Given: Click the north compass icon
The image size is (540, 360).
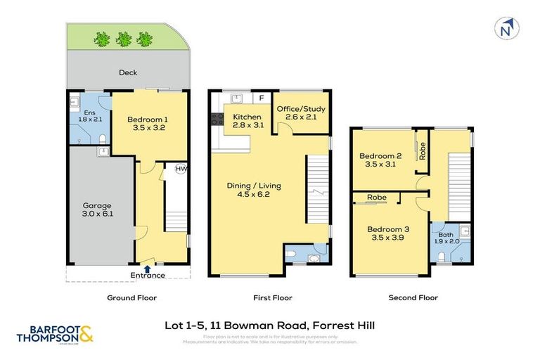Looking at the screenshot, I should point(505,30).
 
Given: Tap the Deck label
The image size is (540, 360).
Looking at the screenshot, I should point(127,72).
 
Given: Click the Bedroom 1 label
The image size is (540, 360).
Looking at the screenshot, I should point(147,124).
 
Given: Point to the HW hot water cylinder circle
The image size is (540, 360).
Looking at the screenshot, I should point(181,169).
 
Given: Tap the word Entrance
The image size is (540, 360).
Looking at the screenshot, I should point(148,275).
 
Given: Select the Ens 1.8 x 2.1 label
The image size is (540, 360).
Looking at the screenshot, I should point(89,117).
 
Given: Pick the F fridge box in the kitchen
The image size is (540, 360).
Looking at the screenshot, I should point(261,98).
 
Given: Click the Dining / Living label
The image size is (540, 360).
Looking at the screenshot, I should point(253,190).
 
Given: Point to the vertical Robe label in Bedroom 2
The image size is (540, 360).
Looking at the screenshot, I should point(422,150).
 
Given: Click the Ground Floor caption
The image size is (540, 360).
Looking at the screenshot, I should point(131,297).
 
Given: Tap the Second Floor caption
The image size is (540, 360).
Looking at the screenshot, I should point(413,297).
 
